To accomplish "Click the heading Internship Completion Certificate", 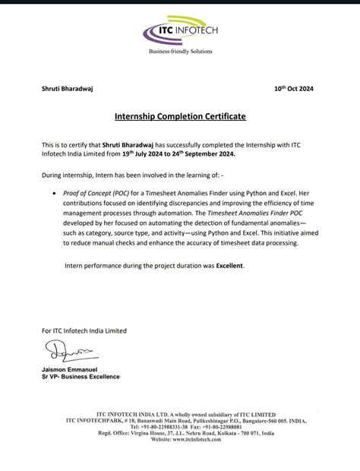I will (x=180, y=118).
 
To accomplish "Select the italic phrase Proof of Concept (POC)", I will (x=96, y=194).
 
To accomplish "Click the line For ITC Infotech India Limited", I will (x=84, y=330).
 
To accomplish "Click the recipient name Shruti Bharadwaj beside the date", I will (x=71, y=89).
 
